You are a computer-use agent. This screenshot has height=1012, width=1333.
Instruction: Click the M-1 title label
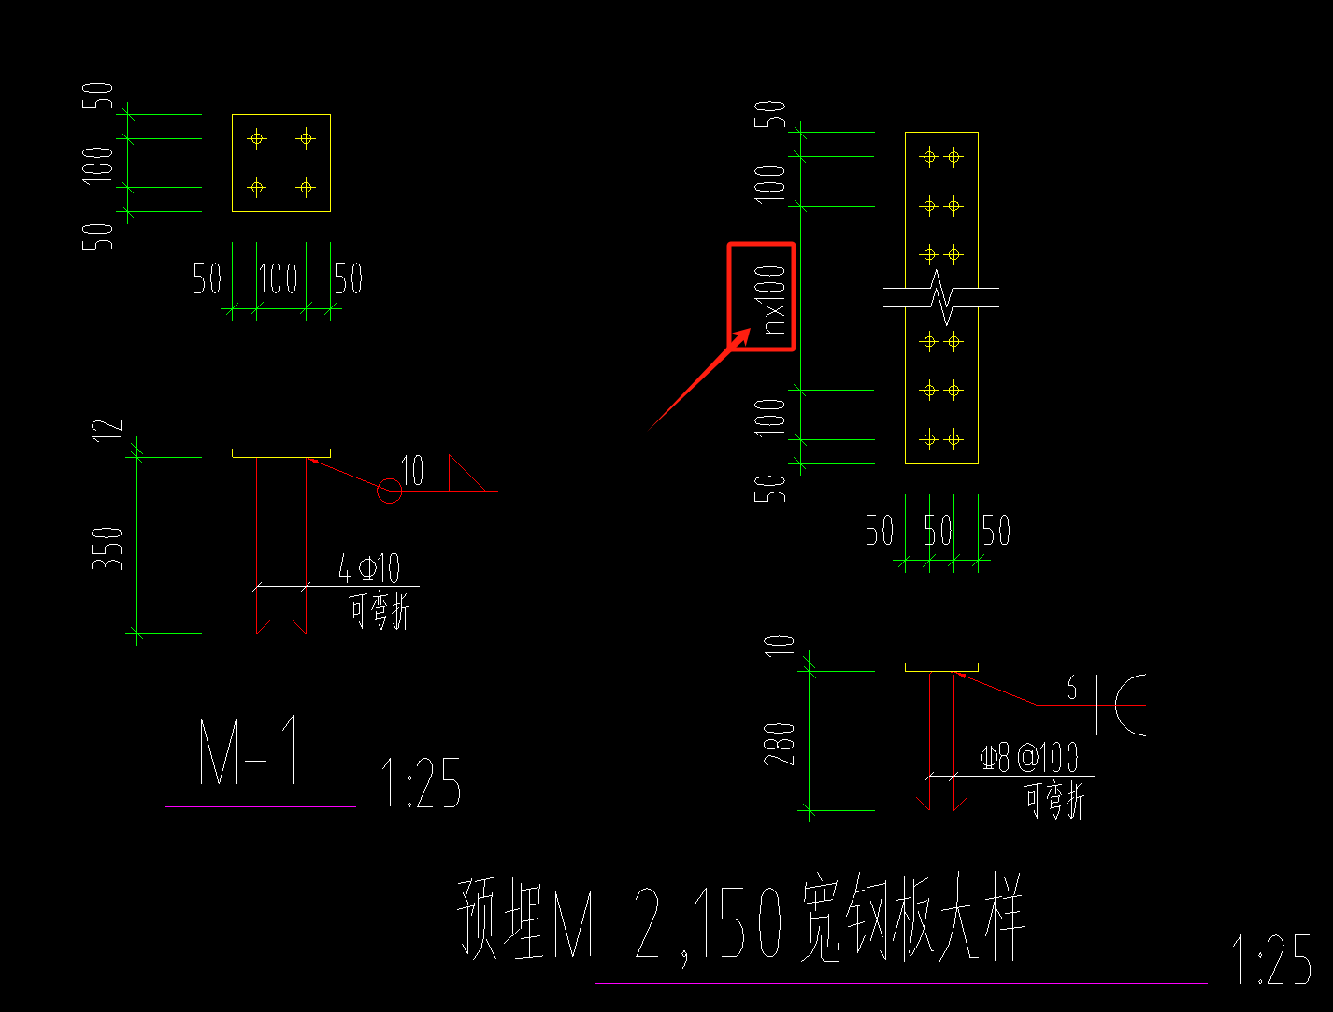(x=251, y=752)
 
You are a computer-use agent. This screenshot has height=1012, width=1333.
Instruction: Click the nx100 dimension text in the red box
(x=774, y=298)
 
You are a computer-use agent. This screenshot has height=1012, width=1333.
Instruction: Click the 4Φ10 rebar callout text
(x=369, y=568)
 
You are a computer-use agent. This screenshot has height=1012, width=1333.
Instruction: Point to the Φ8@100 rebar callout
(x=1028, y=758)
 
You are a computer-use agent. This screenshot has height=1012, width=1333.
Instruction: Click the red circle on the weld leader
(x=389, y=491)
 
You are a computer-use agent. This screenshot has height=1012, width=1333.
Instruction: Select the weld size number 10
(x=412, y=471)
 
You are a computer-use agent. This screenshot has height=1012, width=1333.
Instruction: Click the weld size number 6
(x=1072, y=689)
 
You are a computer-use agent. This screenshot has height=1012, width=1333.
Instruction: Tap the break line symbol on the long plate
(x=942, y=297)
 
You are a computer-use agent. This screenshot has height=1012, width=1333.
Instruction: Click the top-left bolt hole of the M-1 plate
(x=257, y=139)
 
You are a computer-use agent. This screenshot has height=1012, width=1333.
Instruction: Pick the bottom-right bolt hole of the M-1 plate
(x=306, y=188)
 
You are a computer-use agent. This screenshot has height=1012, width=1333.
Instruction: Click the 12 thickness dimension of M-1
(x=110, y=429)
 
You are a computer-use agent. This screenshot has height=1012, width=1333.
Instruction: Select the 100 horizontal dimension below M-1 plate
(x=279, y=278)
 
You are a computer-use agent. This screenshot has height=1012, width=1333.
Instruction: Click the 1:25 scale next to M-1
(x=421, y=783)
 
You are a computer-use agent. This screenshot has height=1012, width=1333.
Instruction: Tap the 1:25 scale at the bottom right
(x=1271, y=960)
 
